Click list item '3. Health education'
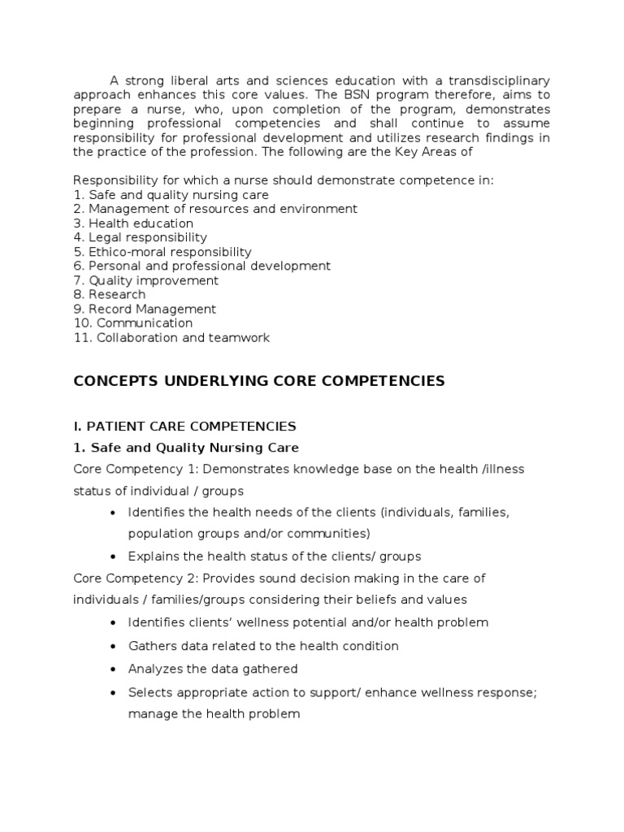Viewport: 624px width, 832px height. pyautogui.click(x=133, y=223)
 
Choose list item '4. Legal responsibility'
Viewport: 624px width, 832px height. pyautogui.click(x=140, y=238)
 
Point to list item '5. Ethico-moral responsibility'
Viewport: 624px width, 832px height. pyautogui.click(x=162, y=252)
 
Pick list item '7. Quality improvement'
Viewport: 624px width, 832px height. pyautogui.click(x=145, y=280)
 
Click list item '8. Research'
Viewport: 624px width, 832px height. pyautogui.click(x=110, y=294)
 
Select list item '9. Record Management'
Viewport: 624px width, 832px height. pyautogui.click(x=145, y=309)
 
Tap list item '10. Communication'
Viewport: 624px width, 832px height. pyautogui.click(x=133, y=323)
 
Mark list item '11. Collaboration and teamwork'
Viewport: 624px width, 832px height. pyautogui.click(x=171, y=337)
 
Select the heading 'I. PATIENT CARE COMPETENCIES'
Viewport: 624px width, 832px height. pyautogui.click(x=184, y=426)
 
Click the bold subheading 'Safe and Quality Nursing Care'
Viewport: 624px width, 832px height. pyautogui.click(x=194, y=448)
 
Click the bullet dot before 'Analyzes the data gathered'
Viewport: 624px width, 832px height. pyautogui.click(x=110, y=669)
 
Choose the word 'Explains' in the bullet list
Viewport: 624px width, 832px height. pyautogui.click(x=153, y=557)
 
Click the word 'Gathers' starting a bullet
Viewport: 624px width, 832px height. pyautogui.click(x=151, y=646)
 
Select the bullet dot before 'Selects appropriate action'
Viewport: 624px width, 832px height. pyautogui.click(x=110, y=692)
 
